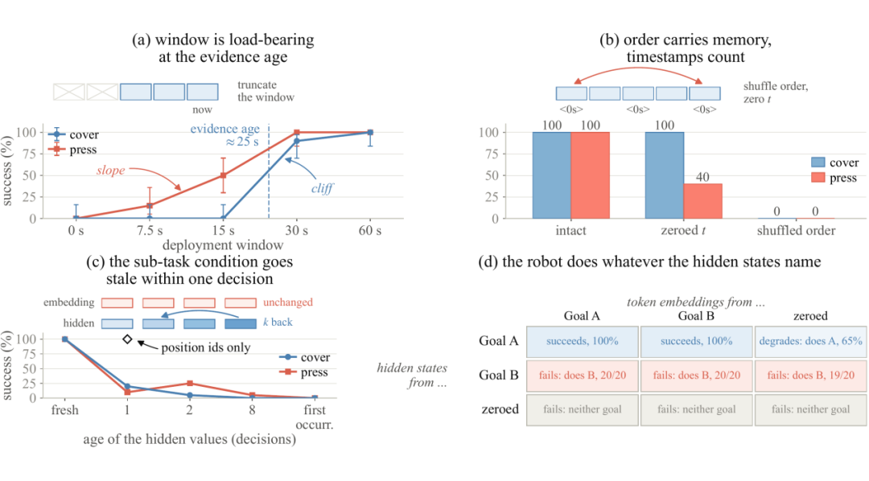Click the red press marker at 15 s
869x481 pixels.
[x=224, y=175]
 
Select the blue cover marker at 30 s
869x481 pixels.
[x=296, y=142]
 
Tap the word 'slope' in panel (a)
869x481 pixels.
[x=111, y=171]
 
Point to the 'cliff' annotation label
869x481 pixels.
[x=322, y=188]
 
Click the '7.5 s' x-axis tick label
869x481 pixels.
[x=150, y=231]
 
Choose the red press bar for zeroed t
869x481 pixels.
[x=702, y=201]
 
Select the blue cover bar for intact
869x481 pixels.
[x=552, y=175]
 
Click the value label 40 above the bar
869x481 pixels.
[x=702, y=177]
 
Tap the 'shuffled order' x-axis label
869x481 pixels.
[x=796, y=231]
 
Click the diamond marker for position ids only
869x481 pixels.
[x=127, y=339]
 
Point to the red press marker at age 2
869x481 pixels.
[x=190, y=384]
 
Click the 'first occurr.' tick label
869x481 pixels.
[x=315, y=417]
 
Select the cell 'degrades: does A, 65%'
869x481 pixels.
[x=810, y=341]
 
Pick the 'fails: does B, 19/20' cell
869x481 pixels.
[x=810, y=375]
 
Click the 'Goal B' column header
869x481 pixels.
[x=696, y=316]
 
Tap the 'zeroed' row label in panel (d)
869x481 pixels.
[x=500, y=409]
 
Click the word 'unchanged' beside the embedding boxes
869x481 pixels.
[x=287, y=302]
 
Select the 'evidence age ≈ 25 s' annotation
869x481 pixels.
[x=225, y=135]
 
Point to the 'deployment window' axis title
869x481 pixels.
[x=223, y=245]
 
